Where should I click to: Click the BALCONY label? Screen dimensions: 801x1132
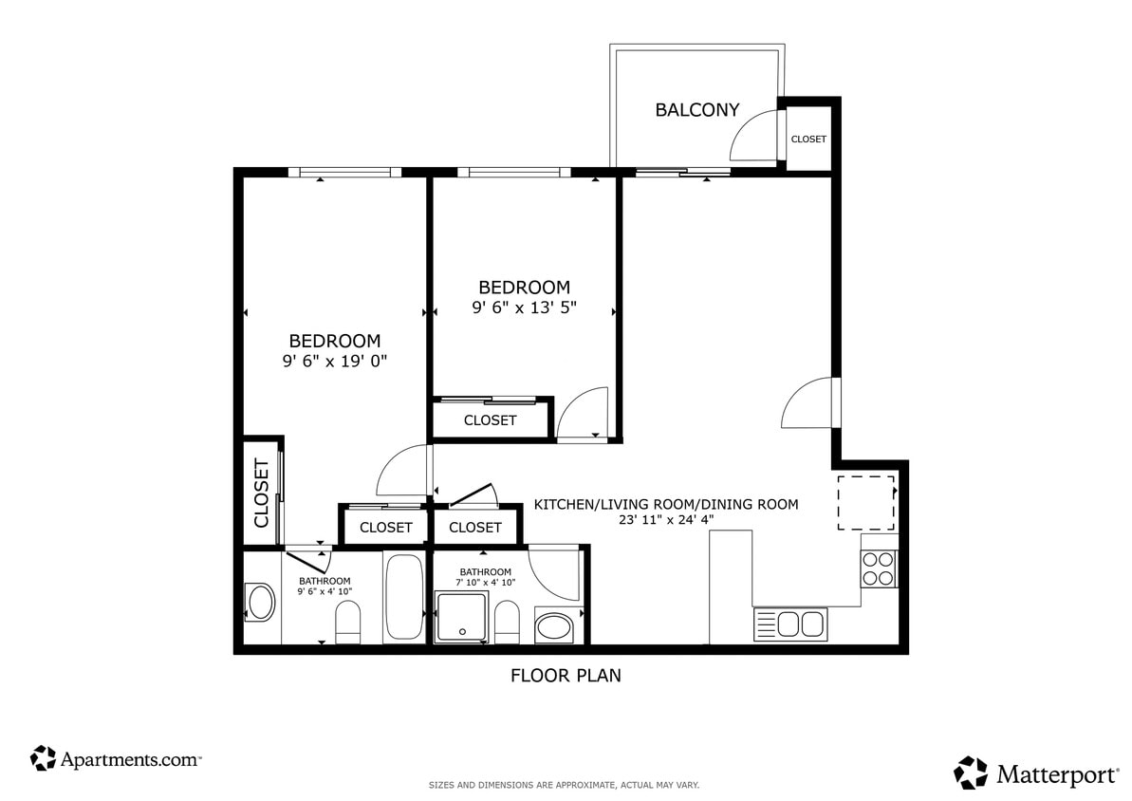tap(696, 110)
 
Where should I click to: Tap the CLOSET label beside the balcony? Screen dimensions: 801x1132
tap(808, 139)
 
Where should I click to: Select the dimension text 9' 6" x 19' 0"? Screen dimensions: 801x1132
tap(335, 361)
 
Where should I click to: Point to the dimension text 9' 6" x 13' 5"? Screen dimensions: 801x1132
tap(524, 307)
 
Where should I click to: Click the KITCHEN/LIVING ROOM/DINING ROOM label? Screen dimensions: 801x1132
tap(666, 504)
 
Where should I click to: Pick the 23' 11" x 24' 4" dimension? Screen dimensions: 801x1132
tap(666, 520)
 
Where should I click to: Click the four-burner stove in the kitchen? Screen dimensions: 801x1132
tap(879, 568)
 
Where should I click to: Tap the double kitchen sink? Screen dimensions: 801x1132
tap(789, 624)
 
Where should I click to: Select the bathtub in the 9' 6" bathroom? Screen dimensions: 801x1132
tap(405, 599)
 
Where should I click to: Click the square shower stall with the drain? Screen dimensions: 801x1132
tap(461, 618)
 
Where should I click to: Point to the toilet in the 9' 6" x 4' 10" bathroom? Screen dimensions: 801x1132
tap(348, 624)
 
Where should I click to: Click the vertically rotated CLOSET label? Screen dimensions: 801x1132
tap(262, 494)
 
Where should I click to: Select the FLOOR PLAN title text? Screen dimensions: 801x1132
tap(566, 676)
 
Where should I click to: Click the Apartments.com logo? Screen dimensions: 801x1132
tap(116, 759)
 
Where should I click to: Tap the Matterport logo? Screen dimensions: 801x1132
tap(1035, 773)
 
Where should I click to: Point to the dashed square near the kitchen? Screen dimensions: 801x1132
tap(865, 502)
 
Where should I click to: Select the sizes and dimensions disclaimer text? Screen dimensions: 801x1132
tap(565, 786)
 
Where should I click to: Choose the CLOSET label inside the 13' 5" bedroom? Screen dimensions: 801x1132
tap(490, 419)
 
